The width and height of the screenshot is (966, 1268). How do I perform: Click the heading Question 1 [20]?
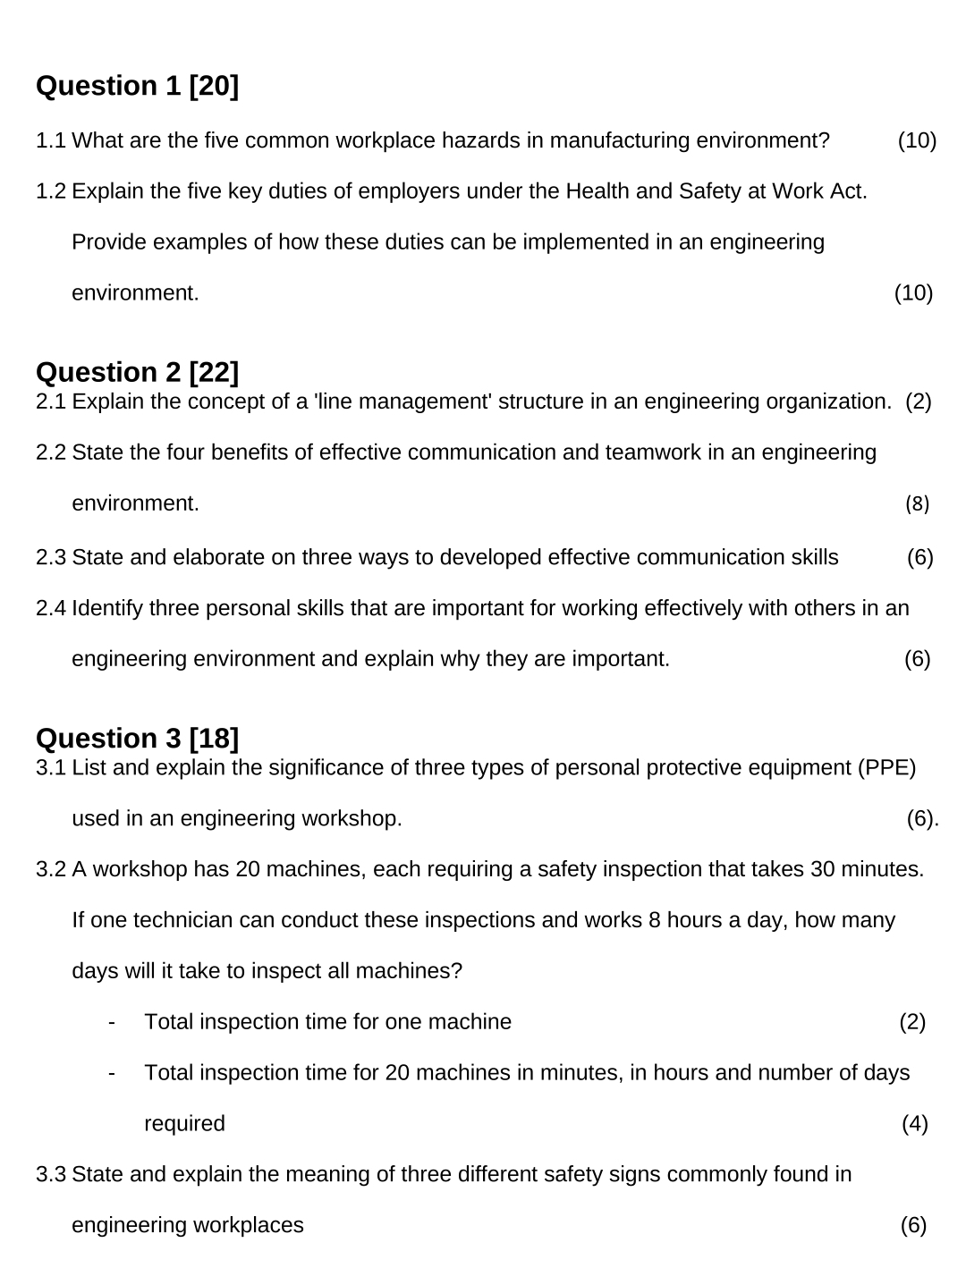137,86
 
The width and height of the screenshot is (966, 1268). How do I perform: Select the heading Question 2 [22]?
137,372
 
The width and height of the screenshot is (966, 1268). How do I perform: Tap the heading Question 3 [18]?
137,739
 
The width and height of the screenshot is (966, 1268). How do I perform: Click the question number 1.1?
51,141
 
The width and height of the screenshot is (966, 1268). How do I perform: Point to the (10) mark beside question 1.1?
917,141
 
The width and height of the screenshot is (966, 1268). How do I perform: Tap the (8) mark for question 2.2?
917,503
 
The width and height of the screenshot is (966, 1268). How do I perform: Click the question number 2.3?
51,558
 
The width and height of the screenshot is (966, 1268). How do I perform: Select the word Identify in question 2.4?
107,609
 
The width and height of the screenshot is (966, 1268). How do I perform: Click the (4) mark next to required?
914,1124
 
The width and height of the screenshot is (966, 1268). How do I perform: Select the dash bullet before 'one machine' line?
112,1022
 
